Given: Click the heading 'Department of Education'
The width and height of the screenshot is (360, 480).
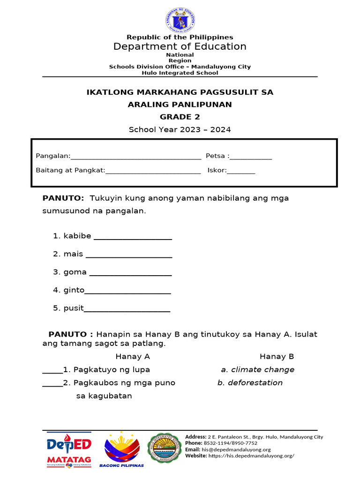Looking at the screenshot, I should [180, 46].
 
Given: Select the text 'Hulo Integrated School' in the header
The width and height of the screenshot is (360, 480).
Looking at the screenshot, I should [180, 73].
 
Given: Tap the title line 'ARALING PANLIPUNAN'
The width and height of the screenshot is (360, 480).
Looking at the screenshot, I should [180, 104].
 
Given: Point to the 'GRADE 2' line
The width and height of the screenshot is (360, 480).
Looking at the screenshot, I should [180, 117].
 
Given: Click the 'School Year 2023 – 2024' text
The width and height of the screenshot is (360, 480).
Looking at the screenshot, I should [180, 129].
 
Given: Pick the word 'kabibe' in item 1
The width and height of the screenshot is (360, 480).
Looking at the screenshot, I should [77, 236].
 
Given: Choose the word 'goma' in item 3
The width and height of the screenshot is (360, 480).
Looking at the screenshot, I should [75, 272].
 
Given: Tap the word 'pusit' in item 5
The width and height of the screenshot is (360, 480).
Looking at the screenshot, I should [74, 308].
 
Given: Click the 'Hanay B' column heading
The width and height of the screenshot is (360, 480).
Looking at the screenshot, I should [277, 357].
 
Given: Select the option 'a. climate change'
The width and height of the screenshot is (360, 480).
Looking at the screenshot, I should [258, 370].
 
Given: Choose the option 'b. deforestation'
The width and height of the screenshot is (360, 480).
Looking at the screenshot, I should [250, 383].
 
